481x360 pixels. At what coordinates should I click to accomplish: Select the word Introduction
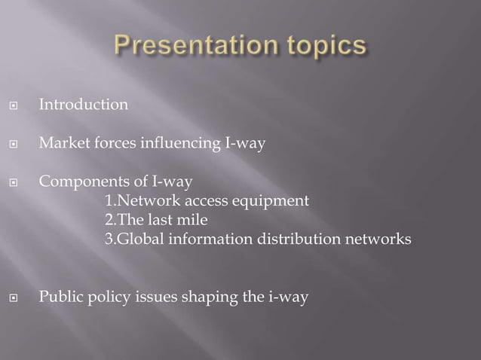[x=84, y=105]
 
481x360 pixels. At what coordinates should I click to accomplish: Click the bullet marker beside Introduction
[x=13, y=105]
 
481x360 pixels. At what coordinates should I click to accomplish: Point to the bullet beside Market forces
[x=13, y=143]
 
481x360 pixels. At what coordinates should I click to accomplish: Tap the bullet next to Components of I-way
[x=13, y=182]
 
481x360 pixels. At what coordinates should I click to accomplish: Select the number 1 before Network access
[x=108, y=201]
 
